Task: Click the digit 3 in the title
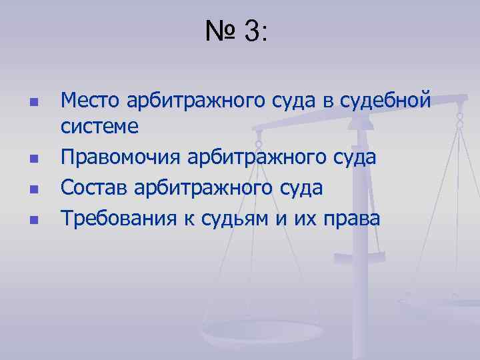click(253, 31)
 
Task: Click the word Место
click(88, 101)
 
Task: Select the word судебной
click(385, 101)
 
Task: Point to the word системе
click(99, 126)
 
